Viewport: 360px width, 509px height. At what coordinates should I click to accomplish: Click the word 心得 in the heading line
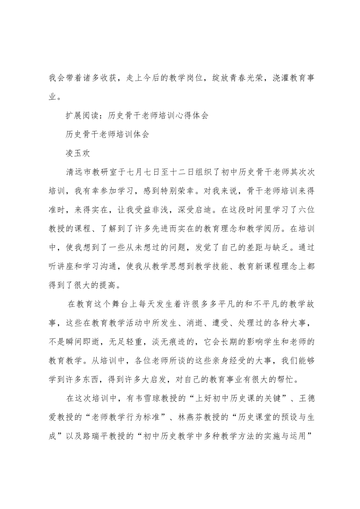click(178, 116)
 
